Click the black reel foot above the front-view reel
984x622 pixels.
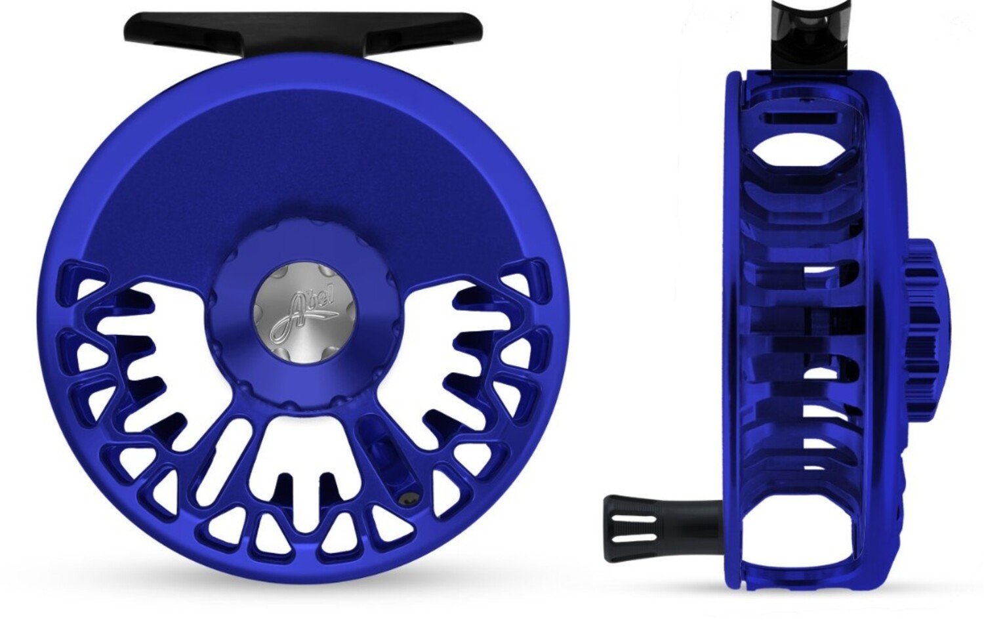pos(303,30)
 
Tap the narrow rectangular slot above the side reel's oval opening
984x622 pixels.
pos(800,118)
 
